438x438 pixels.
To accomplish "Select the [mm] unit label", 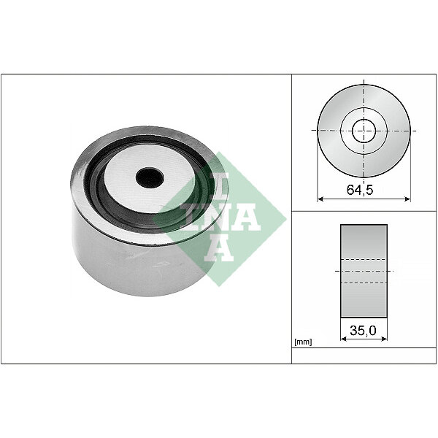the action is pyautogui.click(x=303, y=342).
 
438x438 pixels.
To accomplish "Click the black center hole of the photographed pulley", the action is pyautogui.click(x=150, y=177).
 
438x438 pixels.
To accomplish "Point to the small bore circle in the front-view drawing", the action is pyautogui.click(x=364, y=131).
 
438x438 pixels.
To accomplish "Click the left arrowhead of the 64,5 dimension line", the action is pyautogui.click(x=320, y=199).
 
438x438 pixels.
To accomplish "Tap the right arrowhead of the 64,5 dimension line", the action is pyautogui.click(x=407, y=199).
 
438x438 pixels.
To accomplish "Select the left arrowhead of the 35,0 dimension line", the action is pyautogui.click(x=344, y=339).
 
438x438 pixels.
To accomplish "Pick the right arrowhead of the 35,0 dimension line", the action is pyautogui.click(x=385, y=339).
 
